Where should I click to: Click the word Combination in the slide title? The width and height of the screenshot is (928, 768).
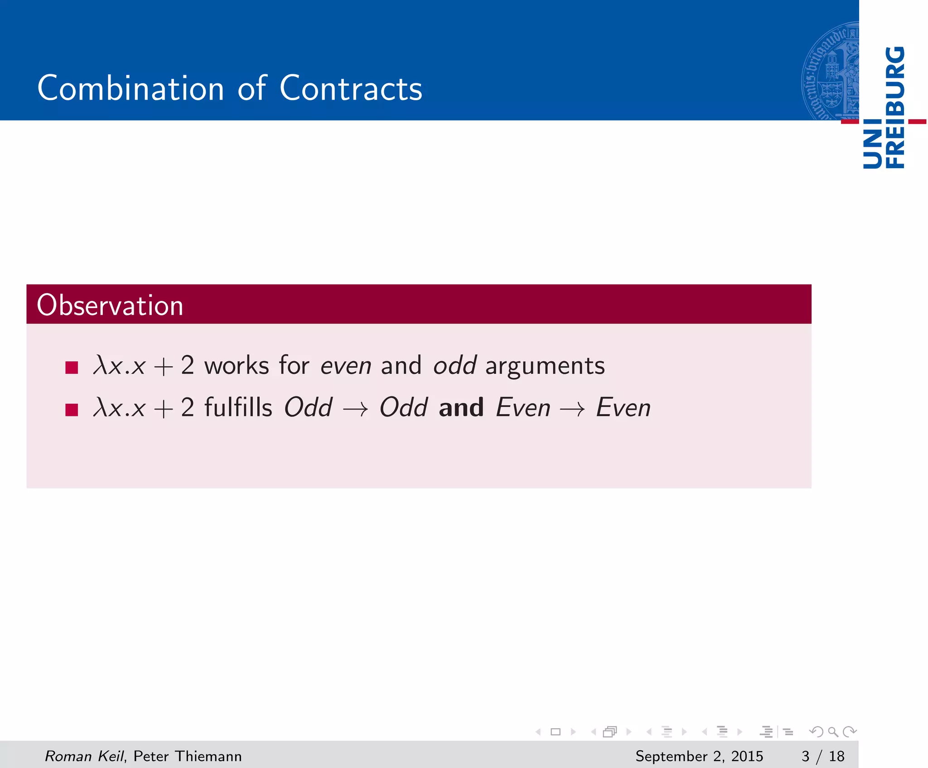130,88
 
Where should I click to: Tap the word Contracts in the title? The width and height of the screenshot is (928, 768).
351,88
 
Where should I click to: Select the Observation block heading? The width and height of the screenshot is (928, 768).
110,305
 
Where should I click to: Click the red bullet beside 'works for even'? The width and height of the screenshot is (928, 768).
72,367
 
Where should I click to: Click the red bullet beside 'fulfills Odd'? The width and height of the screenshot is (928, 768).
72,409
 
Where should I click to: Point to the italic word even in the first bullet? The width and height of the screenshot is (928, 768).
346,366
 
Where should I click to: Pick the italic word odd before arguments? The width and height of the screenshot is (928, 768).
454,365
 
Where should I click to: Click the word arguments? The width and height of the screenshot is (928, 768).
545,366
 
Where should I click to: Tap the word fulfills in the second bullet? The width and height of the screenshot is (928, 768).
238,407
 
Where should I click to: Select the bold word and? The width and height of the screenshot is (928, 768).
461,407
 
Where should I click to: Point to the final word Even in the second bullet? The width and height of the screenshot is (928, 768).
623,407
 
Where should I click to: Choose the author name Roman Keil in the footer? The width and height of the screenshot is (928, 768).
84,756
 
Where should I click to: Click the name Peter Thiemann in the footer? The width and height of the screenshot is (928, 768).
188,756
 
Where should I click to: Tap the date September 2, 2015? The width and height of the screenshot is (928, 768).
699,756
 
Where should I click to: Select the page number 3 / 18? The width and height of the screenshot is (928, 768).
822,756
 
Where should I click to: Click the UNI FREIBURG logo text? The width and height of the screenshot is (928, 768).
884,107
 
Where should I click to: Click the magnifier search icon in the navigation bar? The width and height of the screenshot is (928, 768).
833,731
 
